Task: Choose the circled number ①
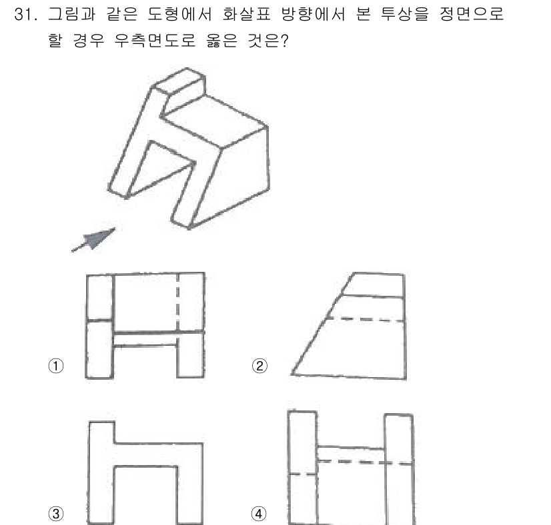tap(58, 366)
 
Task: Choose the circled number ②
tap(259, 366)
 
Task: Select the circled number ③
tap(58, 513)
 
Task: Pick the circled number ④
tap(259, 513)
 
